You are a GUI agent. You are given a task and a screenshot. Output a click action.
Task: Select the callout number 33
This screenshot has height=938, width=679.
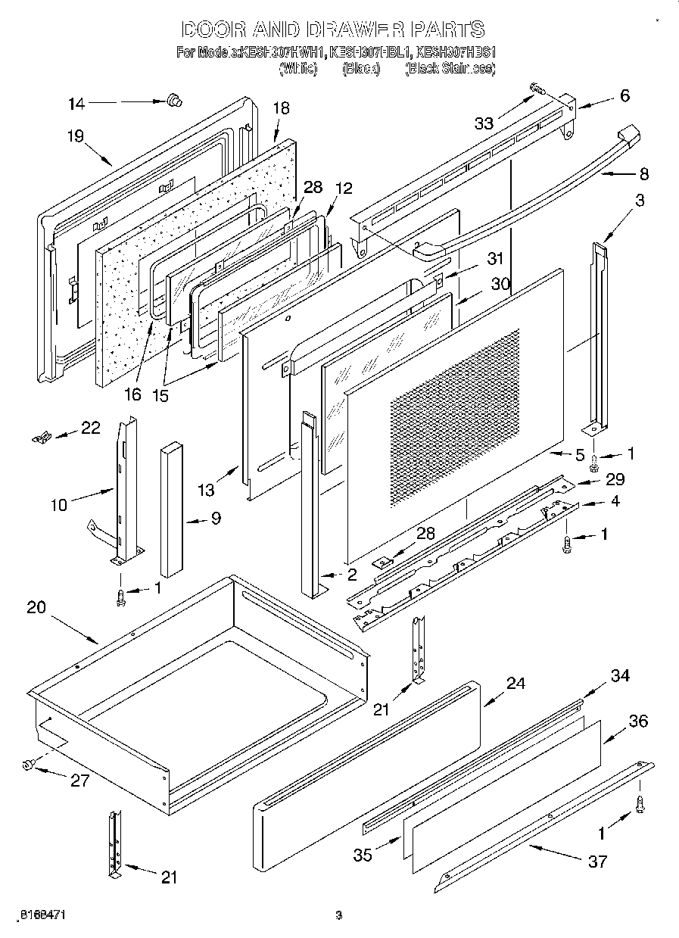click(x=483, y=123)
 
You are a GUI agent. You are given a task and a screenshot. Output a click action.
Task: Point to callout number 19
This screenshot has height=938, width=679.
click(x=74, y=136)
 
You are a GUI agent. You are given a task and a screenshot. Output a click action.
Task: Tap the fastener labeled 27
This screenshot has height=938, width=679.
click(x=29, y=766)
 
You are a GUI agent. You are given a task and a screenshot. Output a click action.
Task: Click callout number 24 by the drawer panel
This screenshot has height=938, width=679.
click(x=515, y=683)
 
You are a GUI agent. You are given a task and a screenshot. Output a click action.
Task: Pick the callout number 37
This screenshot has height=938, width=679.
click(x=596, y=862)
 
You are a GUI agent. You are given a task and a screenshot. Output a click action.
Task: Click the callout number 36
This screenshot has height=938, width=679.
click(x=637, y=721)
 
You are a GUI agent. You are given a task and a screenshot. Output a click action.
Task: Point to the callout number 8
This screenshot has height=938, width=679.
click(x=643, y=173)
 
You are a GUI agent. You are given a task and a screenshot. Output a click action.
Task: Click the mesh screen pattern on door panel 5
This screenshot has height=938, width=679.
click(x=454, y=416)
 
